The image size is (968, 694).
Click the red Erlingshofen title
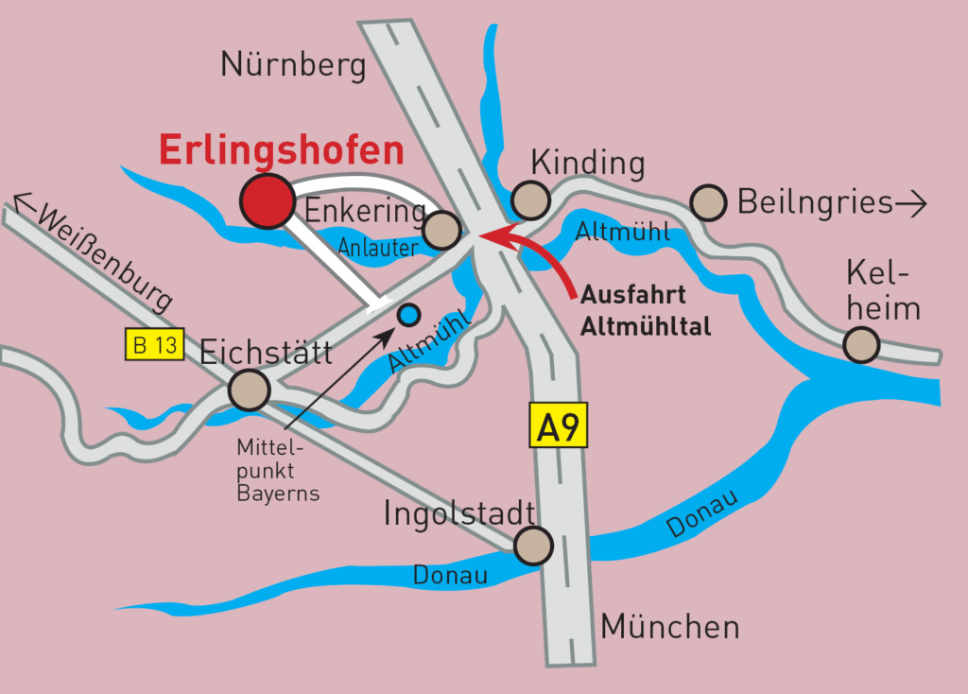[281, 149]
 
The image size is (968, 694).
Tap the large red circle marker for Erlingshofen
[267, 200]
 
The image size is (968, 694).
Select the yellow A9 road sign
[558, 426]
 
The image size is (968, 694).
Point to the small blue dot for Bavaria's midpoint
[408, 314]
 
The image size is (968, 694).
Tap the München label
[669, 625]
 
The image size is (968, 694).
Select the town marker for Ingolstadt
[533, 546]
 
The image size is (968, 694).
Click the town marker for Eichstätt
[250, 390]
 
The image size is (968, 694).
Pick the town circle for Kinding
[531, 200]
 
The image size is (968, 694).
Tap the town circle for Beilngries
[708, 201]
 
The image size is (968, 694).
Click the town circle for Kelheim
[861, 344]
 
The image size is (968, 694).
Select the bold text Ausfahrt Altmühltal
[645, 310]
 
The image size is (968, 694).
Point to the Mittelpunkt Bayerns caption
[278, 468]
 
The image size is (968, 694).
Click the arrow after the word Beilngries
[912, 202]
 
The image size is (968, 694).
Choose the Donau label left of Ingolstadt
[450, 574]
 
